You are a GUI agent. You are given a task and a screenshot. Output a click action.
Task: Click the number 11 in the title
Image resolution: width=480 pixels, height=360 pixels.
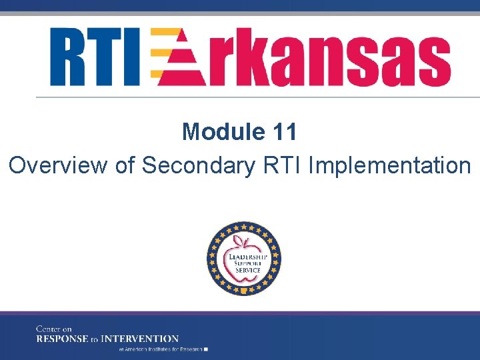(285, 132)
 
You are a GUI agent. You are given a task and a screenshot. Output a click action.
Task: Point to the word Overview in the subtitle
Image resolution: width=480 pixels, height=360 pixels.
(58, 165)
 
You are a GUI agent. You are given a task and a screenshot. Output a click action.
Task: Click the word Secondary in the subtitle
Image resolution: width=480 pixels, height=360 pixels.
(197, 165)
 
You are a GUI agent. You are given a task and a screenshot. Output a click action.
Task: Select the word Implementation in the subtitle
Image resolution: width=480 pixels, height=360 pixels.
(390, 165)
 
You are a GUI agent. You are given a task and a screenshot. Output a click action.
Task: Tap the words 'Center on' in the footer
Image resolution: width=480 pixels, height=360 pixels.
(53, 329)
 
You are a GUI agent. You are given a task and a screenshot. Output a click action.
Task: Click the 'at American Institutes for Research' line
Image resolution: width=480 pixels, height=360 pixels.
(160, 349)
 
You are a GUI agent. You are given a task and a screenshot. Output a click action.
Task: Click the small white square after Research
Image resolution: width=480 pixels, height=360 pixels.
(207, 349)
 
